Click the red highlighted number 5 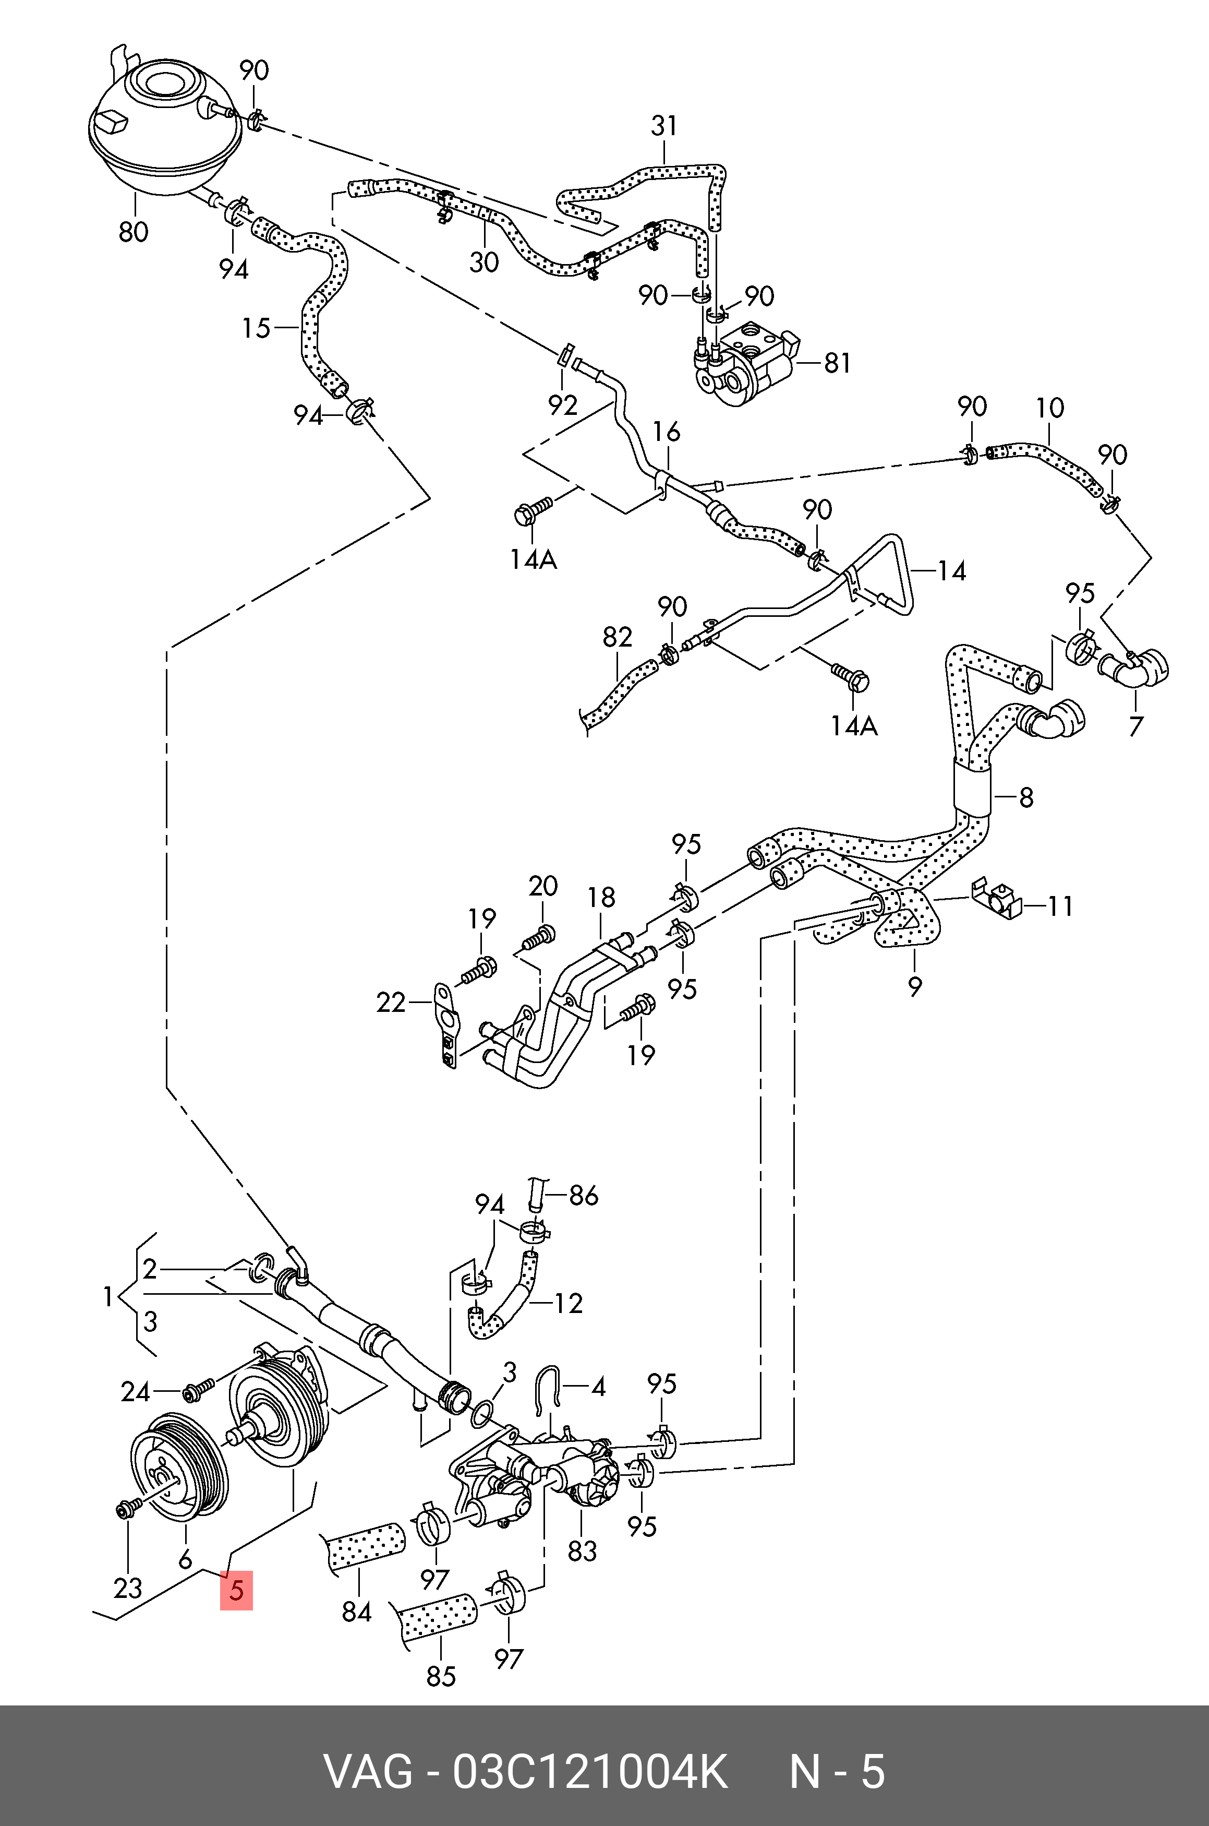point(236,1590)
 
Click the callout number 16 point(667,432)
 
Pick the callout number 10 point(1050,408)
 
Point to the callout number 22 point(391,1003)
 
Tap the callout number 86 point(583,1196)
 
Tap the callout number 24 point(136,1392)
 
